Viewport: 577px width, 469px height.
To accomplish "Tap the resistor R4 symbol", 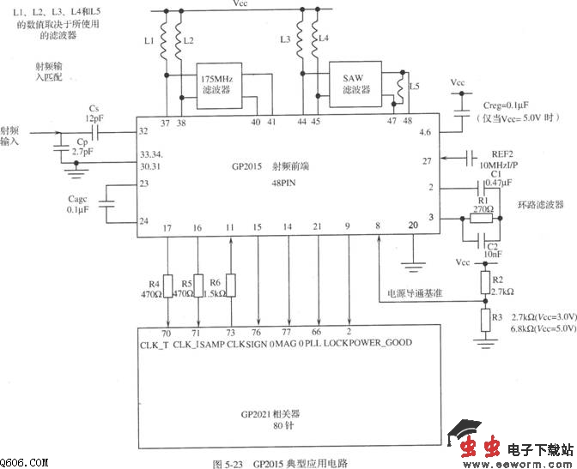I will pyautogui.click(x=167, y=287).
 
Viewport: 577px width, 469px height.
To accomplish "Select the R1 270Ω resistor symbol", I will pyautogui.click(x=483, y=218).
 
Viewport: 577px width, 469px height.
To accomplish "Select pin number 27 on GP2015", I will pyautogui.click(x=426, y=160).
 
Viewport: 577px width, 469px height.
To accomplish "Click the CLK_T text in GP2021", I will pyautogui.click(x=156, y=343).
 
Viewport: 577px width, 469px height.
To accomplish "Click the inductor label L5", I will pyautogui.click(x=416, y=87).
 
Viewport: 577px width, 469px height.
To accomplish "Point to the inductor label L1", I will pyautogui.click(x=149, y=40).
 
